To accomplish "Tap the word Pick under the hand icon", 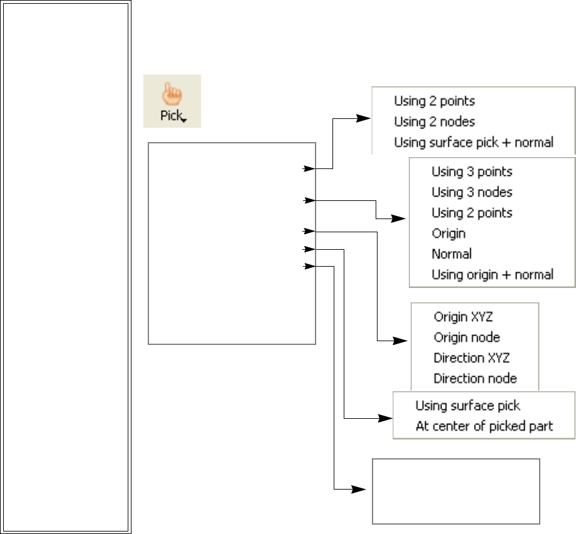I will [170, 116].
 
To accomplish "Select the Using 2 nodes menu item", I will [434, 121].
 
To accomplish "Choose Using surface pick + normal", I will [473, 142].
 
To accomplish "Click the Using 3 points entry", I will [471, 172].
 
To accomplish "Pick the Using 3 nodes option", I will [471, 192].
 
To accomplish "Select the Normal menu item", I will [451, 254].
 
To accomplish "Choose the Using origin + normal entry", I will [492, 274].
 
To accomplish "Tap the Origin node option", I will [466, 337].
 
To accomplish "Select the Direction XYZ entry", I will [471, 358].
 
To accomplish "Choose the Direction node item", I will [475, 379].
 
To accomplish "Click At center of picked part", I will [484, 426].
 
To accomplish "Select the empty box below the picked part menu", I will [456, 491].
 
